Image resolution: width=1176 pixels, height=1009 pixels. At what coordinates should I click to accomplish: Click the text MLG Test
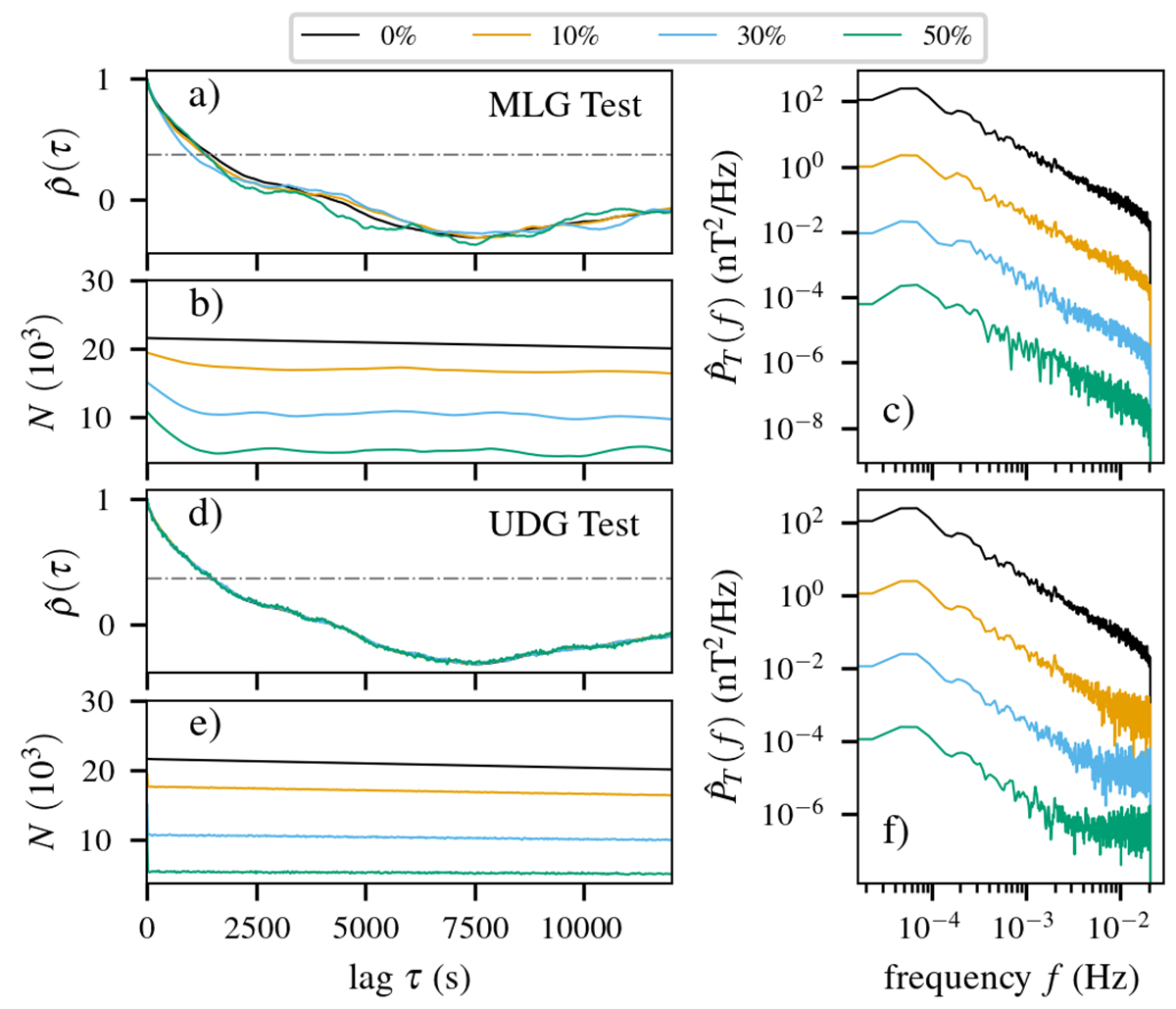pyautogui.click(x=563, y=104)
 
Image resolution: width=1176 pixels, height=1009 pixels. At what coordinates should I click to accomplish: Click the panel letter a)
pyautogui.click(x=206, y=96)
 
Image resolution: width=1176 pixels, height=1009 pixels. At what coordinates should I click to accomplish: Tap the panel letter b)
pyautogui.click(x=206, y=306)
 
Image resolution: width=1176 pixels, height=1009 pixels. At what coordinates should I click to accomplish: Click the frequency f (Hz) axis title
pyautogui.click(x=1010, y=978)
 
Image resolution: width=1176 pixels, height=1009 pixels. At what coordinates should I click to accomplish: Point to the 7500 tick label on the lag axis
pyautogui.click(x=475, y=927)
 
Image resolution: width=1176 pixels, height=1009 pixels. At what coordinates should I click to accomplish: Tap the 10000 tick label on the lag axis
pyautogui.click(x=584, y=927)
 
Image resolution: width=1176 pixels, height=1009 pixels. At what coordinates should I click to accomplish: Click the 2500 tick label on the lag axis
pyautogui.click(x=257, y=927)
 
